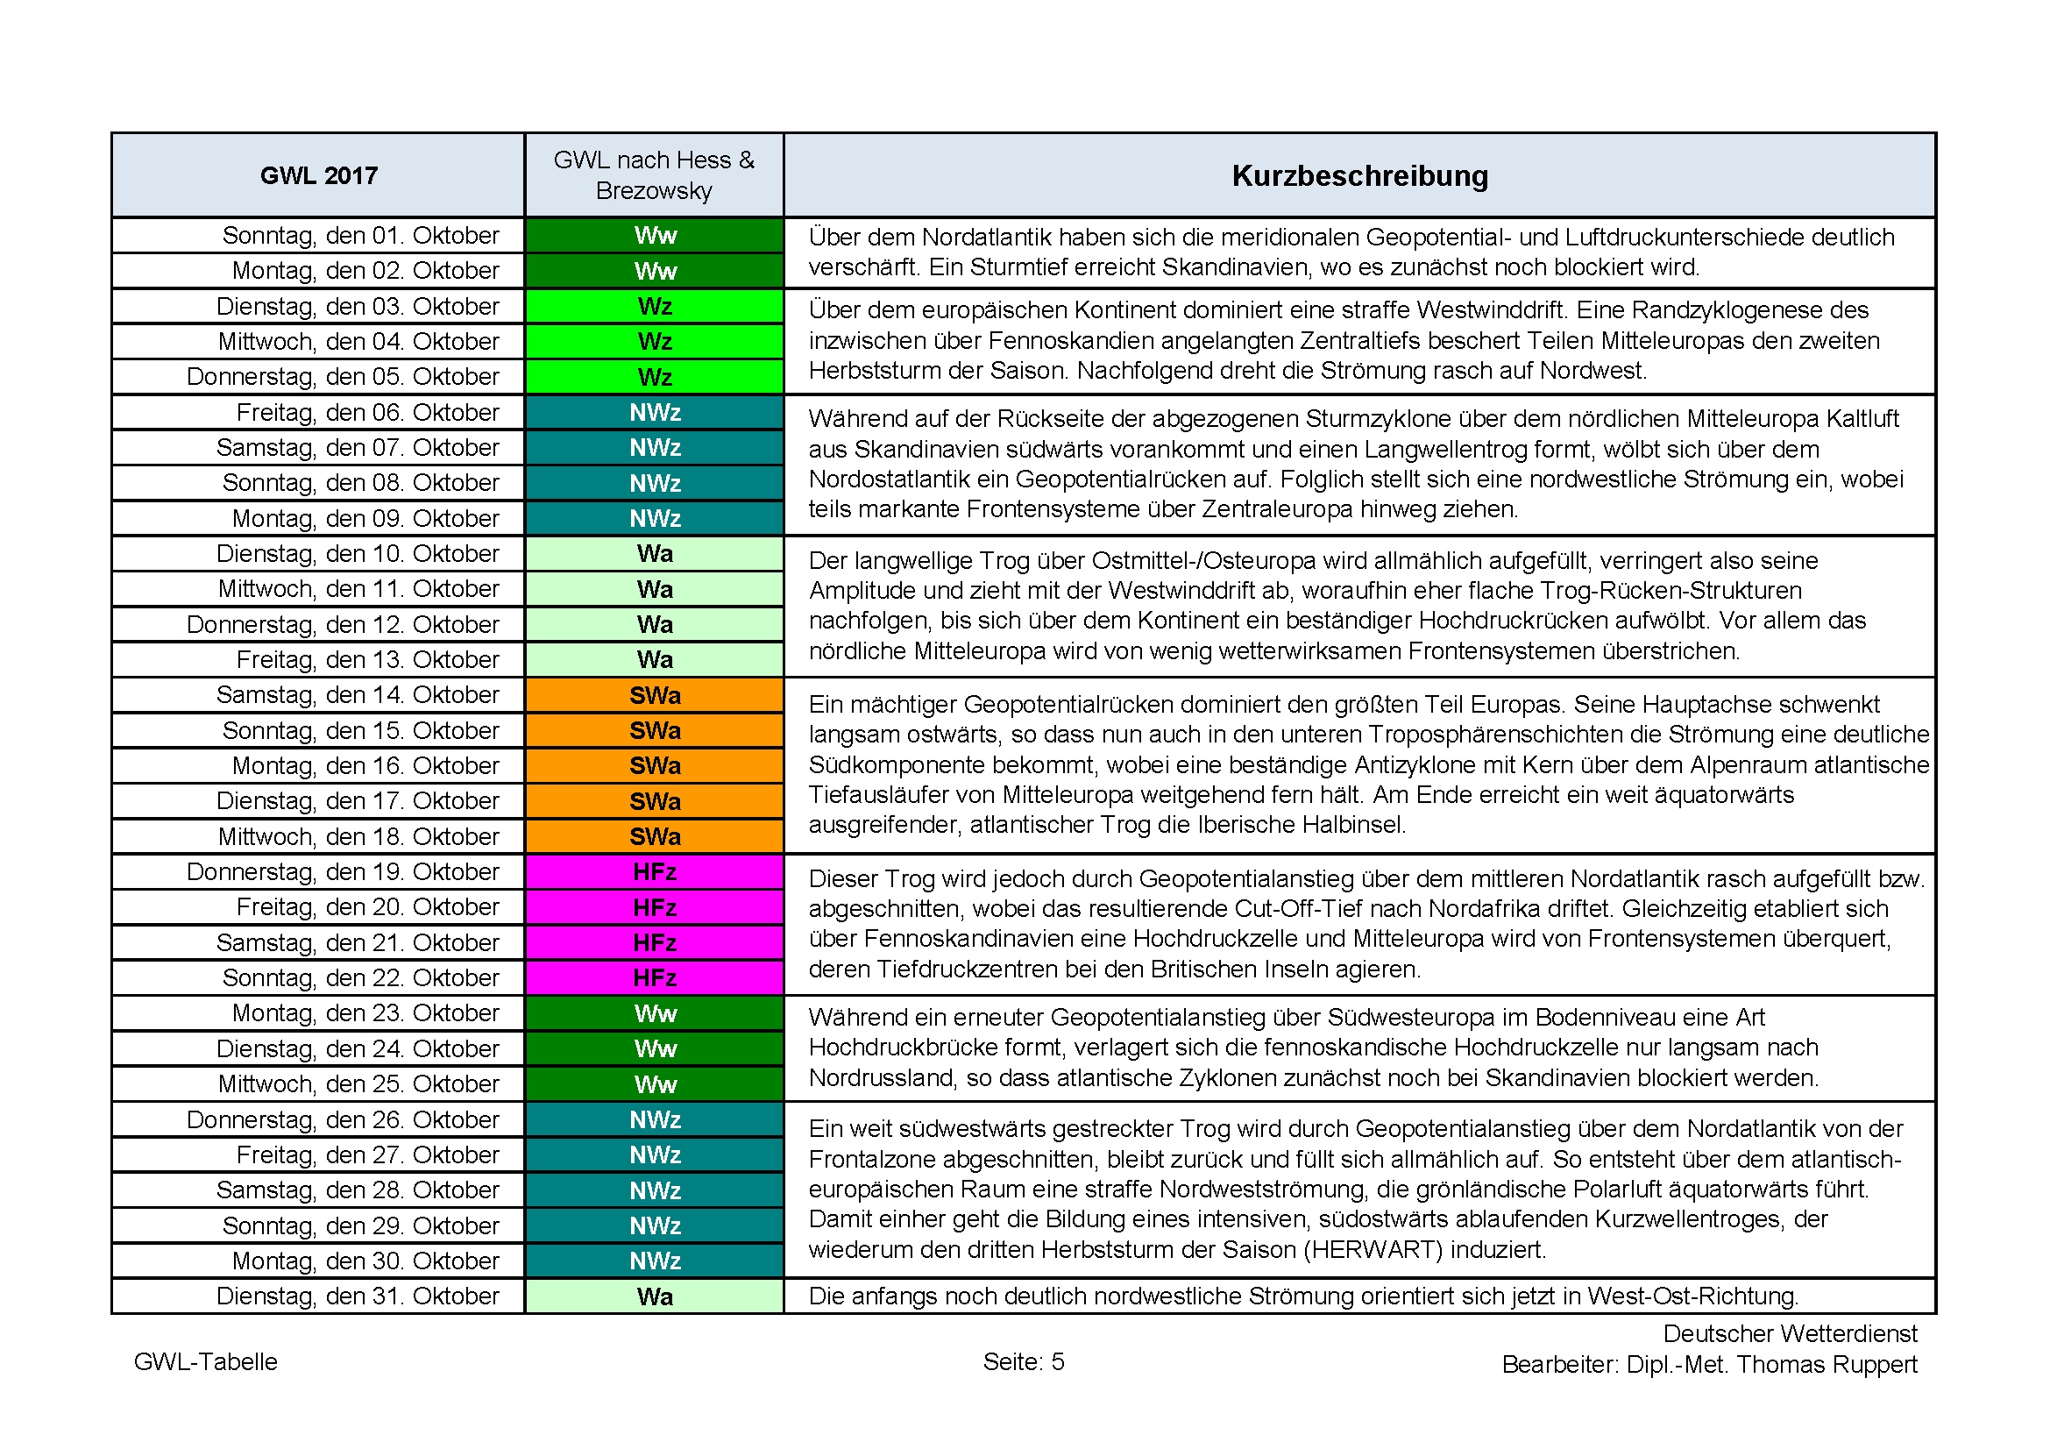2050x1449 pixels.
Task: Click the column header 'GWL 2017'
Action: tap(319, 176)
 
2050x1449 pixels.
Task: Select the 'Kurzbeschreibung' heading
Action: tap(1359, 176)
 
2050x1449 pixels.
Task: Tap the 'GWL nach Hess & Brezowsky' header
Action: tap(654, 175)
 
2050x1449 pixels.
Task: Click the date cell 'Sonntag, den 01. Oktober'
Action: tap(360, 236)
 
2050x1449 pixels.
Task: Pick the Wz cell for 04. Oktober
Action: tap(655, 342)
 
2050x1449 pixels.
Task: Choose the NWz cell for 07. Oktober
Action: tap(655, 447)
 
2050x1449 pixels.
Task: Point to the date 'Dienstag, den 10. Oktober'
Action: tap(357, 553)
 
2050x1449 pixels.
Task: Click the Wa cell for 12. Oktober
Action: tap(655, 624)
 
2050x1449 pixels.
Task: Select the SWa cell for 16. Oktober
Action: tap(655, 766)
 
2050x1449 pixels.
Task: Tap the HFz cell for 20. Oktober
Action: tap(655, 907)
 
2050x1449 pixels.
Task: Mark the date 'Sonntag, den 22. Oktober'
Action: tap(360, 977)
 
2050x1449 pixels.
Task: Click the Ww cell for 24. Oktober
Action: tap(655, 1048)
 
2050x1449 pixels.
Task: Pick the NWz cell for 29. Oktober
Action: tap(655, 1225)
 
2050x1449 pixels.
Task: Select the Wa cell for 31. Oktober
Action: tap(655, 1296)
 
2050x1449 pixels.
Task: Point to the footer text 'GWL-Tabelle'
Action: tap(205, 1361)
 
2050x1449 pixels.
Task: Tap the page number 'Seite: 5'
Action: tap(1023, 1361)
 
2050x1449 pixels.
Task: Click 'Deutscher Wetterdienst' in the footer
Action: tap(1790, 1333)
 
